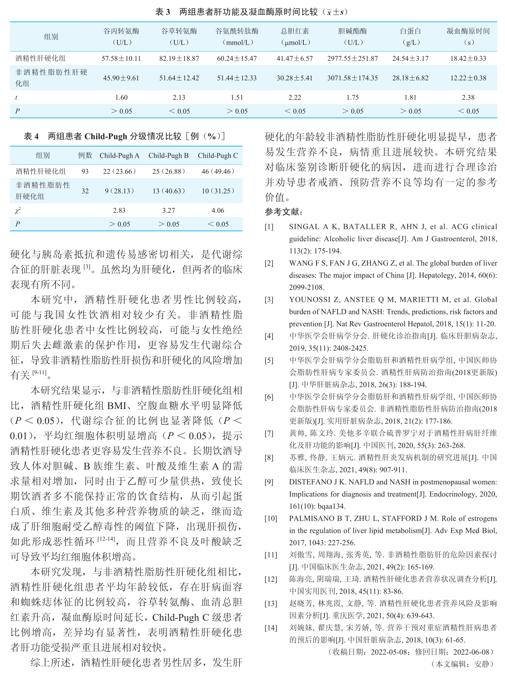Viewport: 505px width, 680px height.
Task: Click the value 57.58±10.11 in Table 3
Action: click(121, 58)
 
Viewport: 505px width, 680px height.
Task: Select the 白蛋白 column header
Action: click(410, 31)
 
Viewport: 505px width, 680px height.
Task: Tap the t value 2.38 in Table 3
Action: click(468, 98)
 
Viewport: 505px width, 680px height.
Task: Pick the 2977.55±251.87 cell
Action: click(352, 58)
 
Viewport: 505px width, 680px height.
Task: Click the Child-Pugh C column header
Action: click(218, 155)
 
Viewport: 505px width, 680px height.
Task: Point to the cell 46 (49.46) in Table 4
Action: click(218, 172)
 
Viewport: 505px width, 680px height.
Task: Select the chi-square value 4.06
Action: click(218, 211)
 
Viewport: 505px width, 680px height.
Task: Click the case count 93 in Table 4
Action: click(85, 172)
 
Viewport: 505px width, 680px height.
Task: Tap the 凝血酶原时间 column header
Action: click(468, 31)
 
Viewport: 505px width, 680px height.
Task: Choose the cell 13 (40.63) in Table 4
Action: click(169, 191)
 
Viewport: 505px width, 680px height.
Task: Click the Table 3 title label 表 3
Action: click(163, 12)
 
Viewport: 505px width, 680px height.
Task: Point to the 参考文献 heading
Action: click(284, 212)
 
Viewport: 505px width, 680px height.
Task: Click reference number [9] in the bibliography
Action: click(269, 482)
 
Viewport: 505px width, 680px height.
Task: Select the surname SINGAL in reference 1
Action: click(304, 227)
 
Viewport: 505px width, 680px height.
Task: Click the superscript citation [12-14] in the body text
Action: click(106, 539)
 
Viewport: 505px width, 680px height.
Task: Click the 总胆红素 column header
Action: click(295, 31)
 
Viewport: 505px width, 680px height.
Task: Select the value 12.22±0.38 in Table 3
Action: click(468, 78)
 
